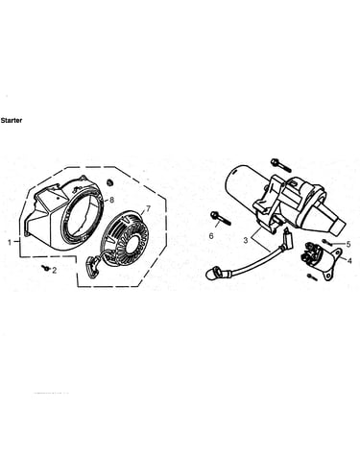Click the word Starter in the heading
click(12, 121)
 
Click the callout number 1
click(10, 243)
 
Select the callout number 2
click(55, 271)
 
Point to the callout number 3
click(246, 240)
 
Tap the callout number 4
click(349, 261)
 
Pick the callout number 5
click(348, 245)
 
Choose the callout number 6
click(211, 236)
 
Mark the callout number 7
click(148, 208)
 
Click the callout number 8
click(111, 200)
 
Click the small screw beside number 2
click(46, 268)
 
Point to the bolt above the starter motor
click(280, 165)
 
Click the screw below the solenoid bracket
click(312, 277)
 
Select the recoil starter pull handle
click(92, 266)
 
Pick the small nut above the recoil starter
click(110, 182)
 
